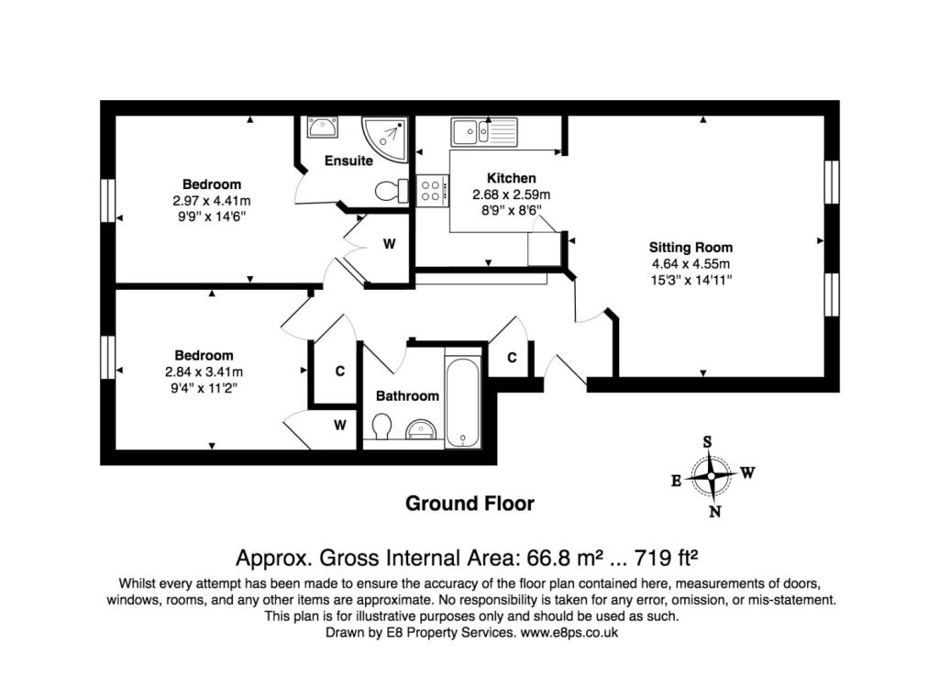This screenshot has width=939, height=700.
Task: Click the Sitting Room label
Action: point(690,247)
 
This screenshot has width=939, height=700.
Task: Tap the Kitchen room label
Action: point(511,178)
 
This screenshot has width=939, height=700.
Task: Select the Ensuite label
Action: point(348,161)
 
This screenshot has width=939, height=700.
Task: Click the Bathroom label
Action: point(407,396)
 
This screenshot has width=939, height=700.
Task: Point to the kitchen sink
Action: point(483,130)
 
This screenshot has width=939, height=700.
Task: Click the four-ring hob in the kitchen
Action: point(431,191)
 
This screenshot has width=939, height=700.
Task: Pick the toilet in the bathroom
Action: point(382,428)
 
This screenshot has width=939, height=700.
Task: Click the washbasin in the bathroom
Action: point(421,429)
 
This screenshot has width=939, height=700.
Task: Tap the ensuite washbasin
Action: point(321,127)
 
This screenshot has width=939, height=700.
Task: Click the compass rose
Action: point(712,475)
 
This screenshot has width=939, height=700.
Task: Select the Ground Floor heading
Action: point(469,503)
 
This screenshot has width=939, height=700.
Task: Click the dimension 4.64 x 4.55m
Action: point(690,263)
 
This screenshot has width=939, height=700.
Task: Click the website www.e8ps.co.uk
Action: point(571,633)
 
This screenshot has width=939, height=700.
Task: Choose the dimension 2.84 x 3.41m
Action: point(204,372)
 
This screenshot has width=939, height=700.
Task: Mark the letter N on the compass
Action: point(715,512)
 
